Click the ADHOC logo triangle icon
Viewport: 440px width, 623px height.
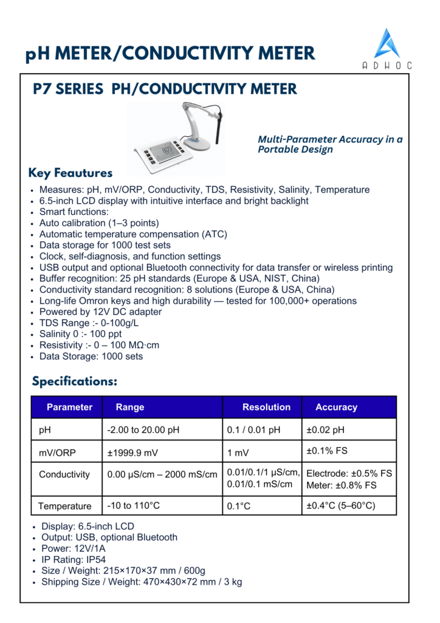(x=387, y=43)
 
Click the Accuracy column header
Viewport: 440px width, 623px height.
(x=336, y=407)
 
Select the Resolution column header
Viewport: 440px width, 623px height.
(x=266, y=407)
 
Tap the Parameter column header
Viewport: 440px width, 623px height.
(x=69, y=407)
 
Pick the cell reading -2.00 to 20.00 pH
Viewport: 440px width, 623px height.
(x=143, y=430)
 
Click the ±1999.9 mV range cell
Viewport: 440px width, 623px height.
(x=133, y=453)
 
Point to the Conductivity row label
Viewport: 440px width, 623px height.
(x=64, y=475)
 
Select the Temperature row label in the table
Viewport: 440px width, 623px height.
(x=65, y=506)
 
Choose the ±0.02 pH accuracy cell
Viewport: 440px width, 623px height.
(x=325, y=430)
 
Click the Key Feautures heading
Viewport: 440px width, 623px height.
(x=70, y=173)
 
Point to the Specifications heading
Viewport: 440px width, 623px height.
(x=74, y=382)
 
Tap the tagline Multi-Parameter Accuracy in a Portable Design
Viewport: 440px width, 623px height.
(x=329, y=144)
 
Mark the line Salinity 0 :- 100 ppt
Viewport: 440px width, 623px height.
(x=80, y=334)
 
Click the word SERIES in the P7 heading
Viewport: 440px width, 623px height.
(x=81, y=90)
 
